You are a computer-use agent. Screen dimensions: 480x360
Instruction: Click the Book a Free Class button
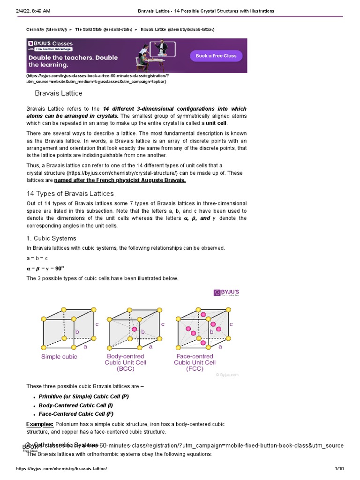point(216,56)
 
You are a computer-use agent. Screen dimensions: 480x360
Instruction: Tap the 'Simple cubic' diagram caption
point(60,356)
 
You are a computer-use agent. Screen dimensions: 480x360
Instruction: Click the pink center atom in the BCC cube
point(135,330)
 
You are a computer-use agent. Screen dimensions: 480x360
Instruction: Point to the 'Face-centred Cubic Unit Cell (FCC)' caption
point(195,362)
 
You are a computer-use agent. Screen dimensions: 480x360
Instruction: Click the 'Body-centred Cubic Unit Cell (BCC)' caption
point(126,362)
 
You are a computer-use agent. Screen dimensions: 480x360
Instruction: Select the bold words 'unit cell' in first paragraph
point(216,123)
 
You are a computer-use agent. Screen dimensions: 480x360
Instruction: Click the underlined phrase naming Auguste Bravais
point(120,180)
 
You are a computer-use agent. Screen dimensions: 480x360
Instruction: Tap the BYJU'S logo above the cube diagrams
point(226,292)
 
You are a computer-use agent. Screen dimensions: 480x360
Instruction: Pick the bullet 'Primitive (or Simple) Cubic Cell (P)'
point(83,397)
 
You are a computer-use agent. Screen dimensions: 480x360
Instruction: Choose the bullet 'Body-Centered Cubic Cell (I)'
point(75,405)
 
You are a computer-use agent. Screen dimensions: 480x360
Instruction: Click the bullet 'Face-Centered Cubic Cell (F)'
point(76,414)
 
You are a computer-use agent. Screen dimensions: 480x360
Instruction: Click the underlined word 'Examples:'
point(39,424)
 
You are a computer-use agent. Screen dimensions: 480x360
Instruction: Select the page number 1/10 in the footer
point(339,469)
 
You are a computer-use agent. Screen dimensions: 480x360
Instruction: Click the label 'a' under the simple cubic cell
point(85,347)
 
